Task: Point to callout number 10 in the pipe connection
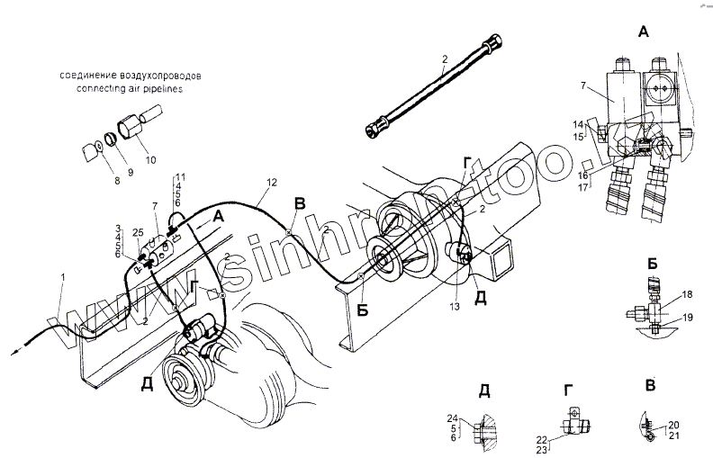click(149, 160)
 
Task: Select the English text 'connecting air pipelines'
click(131, 88)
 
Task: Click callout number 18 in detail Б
click(686, 296)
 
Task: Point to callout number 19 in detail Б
click(686, 318)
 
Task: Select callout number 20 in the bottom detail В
click(674, 424)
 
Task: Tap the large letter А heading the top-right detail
click(642, 32)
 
